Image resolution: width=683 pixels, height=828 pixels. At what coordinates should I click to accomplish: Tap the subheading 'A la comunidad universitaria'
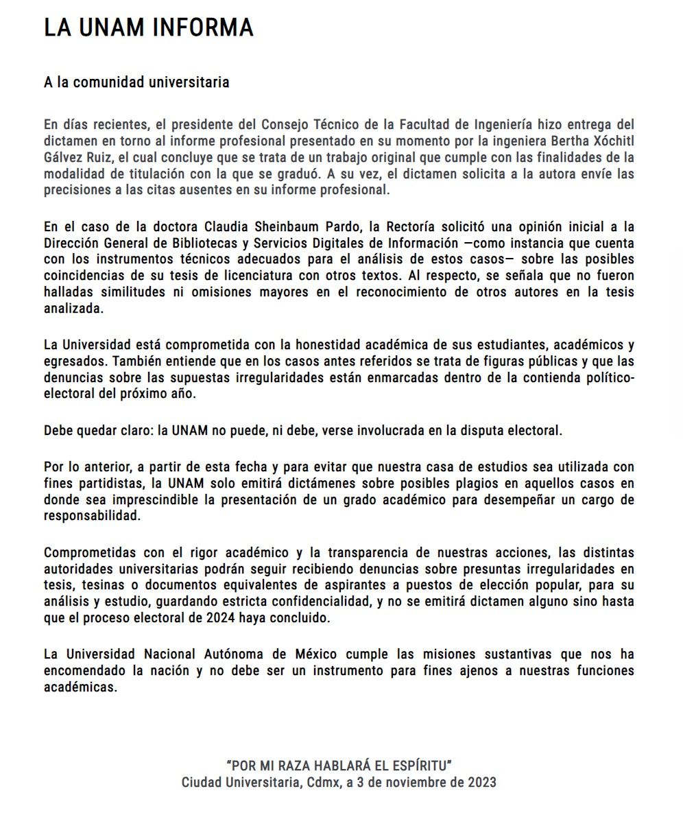click(x=136, y=83)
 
